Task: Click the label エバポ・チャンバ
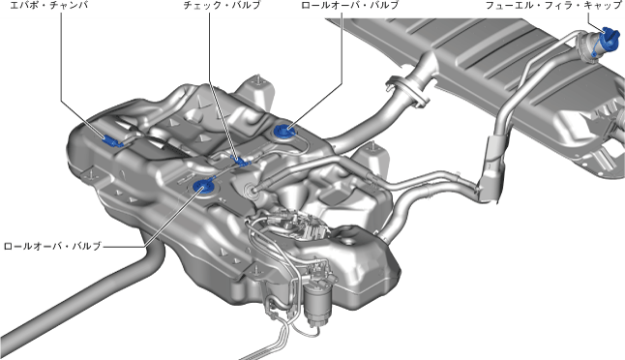coord(48,5)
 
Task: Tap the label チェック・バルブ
coord(222,5)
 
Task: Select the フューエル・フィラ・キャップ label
coord(553,5)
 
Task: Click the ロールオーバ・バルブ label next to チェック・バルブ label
coord(350,5)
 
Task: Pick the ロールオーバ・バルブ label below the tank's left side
coord(52,246)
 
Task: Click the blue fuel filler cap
coord(609,39)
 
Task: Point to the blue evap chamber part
coord(111,140)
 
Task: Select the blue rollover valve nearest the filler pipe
coord(284,132)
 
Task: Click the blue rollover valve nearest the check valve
coord(205,187)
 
